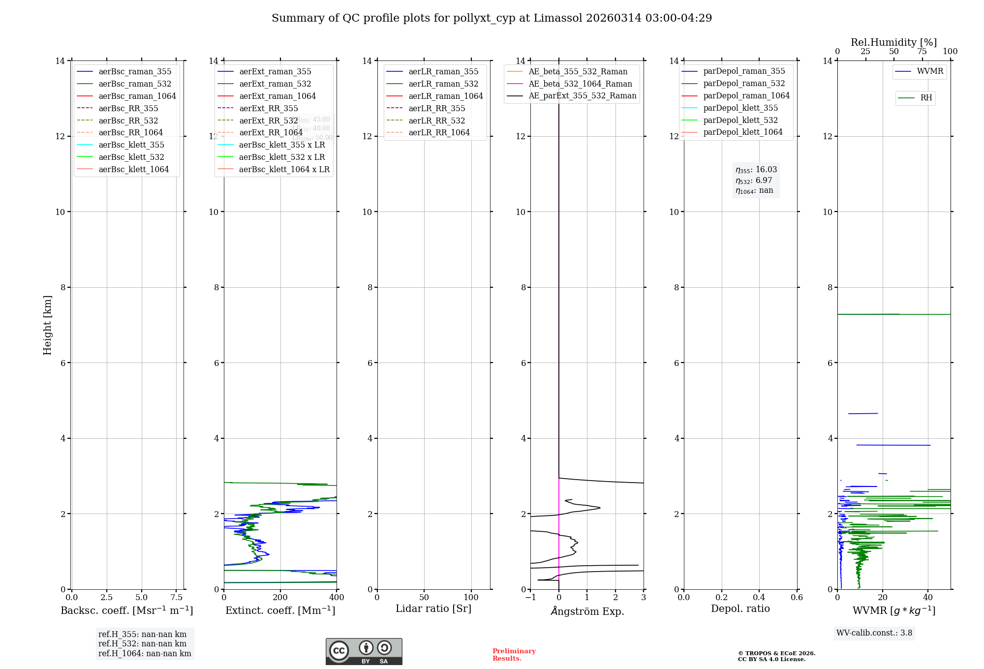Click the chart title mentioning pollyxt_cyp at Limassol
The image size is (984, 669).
[492, 18]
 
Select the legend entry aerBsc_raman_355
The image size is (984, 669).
[135, 72]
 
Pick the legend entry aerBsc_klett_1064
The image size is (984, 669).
[133, 170]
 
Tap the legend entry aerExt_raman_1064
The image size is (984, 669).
[277, 96]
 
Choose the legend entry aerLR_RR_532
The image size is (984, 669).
[436, 121]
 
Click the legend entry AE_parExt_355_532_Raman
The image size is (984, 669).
[582, 96]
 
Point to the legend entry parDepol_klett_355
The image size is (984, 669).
[740, 108]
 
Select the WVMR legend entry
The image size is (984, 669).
[930, 72]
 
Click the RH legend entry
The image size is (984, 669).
[926, 98]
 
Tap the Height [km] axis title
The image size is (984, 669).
[47, 325]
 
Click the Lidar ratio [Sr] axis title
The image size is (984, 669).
[433, 609]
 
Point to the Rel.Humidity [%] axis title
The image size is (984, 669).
[893, 43]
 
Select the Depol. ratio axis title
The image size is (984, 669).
[740, 609]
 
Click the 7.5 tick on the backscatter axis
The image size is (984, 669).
[177, 598]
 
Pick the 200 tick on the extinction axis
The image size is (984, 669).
[280, 598]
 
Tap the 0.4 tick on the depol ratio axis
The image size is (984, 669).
[759, 598]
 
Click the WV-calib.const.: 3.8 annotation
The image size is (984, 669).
[874, 633]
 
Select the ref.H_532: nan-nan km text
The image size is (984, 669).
[142, 644]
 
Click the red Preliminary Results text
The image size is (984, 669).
[514, 655]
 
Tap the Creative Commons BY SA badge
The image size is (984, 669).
[364, 652]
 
